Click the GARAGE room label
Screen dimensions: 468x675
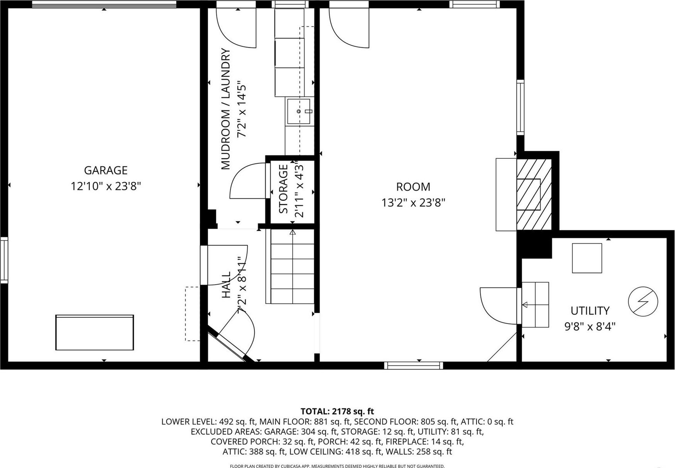106,170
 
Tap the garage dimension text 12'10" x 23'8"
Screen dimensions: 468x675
106,186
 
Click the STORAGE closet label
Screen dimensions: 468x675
284,189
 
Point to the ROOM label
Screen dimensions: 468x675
413,187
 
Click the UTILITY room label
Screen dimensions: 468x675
590,310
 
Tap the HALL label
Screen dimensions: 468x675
226,285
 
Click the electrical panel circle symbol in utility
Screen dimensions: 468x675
643,301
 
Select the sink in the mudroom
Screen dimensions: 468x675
298,111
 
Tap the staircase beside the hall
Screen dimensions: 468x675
292,266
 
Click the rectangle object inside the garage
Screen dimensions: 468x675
94,332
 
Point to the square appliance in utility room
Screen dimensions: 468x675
587,258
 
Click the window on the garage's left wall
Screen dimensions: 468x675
4,260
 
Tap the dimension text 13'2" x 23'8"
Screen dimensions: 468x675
413,203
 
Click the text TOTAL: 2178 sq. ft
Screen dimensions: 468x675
337,411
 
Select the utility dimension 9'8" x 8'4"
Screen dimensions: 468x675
590,327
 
